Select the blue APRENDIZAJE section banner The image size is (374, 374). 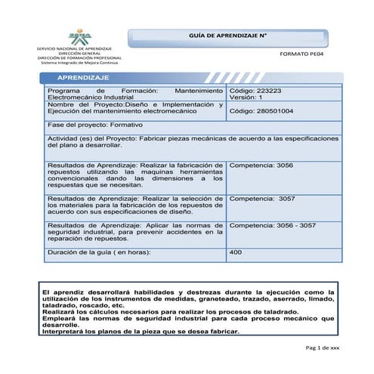(83, 78)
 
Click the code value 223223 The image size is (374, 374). (267, 90)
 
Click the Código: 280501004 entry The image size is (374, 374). (261, 111)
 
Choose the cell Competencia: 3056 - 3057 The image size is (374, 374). (272, 225)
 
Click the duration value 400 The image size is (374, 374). (235, 252)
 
